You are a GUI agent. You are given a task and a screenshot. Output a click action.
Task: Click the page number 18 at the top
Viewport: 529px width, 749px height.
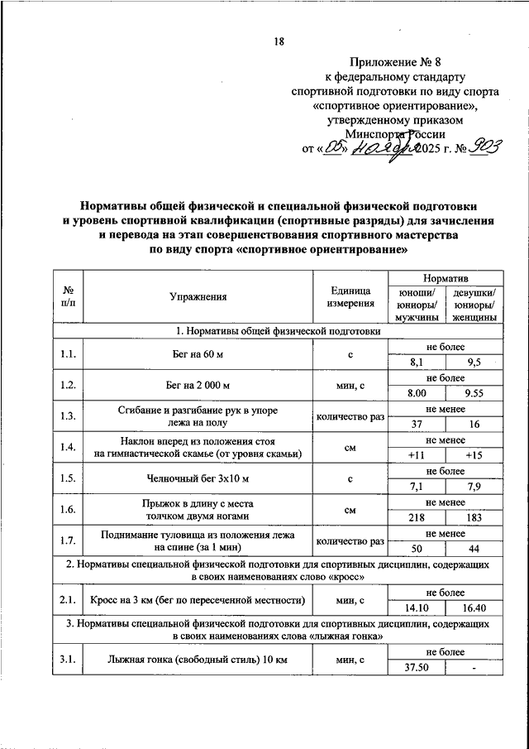(279, 42)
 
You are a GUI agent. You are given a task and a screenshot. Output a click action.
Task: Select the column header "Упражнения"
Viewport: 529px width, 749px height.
(198, 296)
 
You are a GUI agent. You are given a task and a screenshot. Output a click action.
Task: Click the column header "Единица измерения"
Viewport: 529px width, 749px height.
(350, 296)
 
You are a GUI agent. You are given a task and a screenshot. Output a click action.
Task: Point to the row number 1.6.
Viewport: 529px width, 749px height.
(69, 510)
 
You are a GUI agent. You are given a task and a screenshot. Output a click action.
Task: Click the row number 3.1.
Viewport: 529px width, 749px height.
(69, 660)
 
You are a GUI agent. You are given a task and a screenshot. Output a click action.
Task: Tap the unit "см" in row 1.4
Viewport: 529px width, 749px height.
(350, 447)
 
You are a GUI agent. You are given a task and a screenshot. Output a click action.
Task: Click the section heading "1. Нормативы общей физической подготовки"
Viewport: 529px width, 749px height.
(279, 331)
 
